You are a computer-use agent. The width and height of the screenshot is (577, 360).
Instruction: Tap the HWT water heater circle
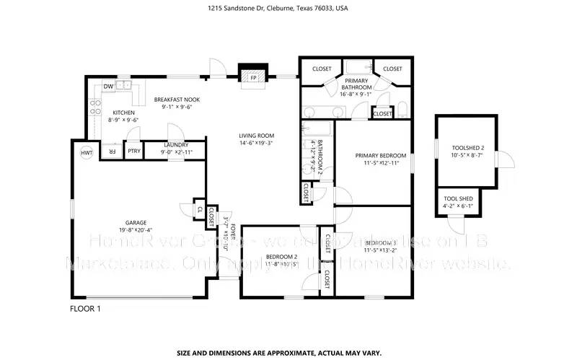tap(86, 153)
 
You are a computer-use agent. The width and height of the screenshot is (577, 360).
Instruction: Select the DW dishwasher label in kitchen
tap(107, 86)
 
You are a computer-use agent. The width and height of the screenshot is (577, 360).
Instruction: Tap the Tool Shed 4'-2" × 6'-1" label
tap(458, 201)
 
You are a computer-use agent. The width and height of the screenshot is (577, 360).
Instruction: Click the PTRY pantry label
tap(134, 152)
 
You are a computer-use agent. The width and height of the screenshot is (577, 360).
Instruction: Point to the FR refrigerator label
tap(112, 152)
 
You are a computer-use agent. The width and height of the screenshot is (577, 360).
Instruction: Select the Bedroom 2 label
tap(281, 257)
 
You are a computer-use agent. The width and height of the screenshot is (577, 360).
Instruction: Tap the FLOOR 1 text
tap(85, 309)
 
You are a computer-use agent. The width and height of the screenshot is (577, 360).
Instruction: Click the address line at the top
tap(288, 9)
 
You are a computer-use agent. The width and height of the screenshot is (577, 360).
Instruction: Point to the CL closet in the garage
tap(200, 209)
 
